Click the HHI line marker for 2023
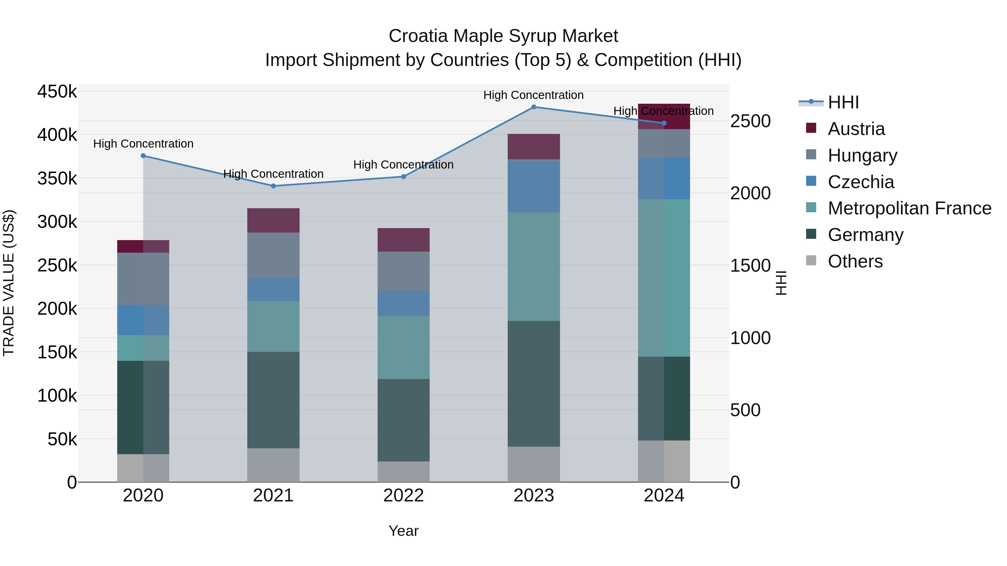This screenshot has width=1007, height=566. click(x=534, y=107)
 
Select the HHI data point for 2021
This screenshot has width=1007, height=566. click(x=273, y=186)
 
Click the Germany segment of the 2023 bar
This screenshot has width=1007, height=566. click(x=534, y=383)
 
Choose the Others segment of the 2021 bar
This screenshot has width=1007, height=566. click(x=273, y=465)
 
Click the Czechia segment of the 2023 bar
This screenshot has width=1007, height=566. click(x=534, y=187)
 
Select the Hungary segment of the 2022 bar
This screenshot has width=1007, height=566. click(x=403, y=271)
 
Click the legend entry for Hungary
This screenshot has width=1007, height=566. click(x=862, y=155)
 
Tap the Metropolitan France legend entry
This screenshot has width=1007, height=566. click(x=909, y=208)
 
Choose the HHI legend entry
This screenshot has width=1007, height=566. click(x=843, y=102)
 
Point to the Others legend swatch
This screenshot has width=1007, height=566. click(x=811, y=260)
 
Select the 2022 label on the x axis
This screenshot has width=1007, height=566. click(x=403, y=496)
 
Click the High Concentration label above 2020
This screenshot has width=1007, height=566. click(x=143, y=144)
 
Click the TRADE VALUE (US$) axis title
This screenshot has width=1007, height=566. click(x=9, y=283)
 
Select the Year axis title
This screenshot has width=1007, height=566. click(x=403, y=531)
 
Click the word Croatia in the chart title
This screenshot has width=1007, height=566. click(x=418, y=36)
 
